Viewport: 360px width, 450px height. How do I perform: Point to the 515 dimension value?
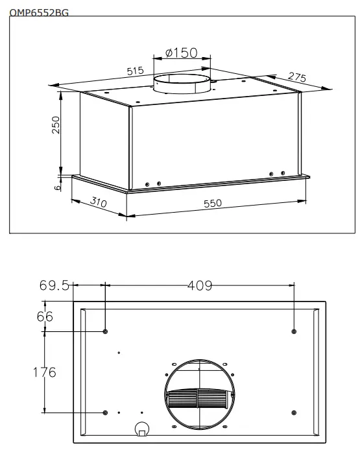click(x=135, y=71)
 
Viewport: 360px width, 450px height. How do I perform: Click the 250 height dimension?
click(x=56, y=125)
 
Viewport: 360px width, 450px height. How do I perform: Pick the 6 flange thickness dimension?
click(x=58, y=186)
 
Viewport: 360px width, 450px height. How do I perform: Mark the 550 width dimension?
click(x=212, y=203)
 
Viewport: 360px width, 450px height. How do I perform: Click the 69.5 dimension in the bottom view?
click(x=54, y=286)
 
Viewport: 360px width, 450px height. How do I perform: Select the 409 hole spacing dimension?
click(x=199, y=285)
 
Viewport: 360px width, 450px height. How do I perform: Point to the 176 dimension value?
click(x=44, y=372)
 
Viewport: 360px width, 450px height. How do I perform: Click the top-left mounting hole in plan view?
click(x=105, y=331)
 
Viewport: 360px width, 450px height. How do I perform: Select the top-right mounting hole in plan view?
click(x=294, y=331)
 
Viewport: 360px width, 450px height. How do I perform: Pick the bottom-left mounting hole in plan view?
click(x=105, y=412)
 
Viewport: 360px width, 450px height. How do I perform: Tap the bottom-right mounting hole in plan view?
click(x=294, y=412)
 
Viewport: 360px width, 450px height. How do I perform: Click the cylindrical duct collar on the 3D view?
click(x=182, y=86)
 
